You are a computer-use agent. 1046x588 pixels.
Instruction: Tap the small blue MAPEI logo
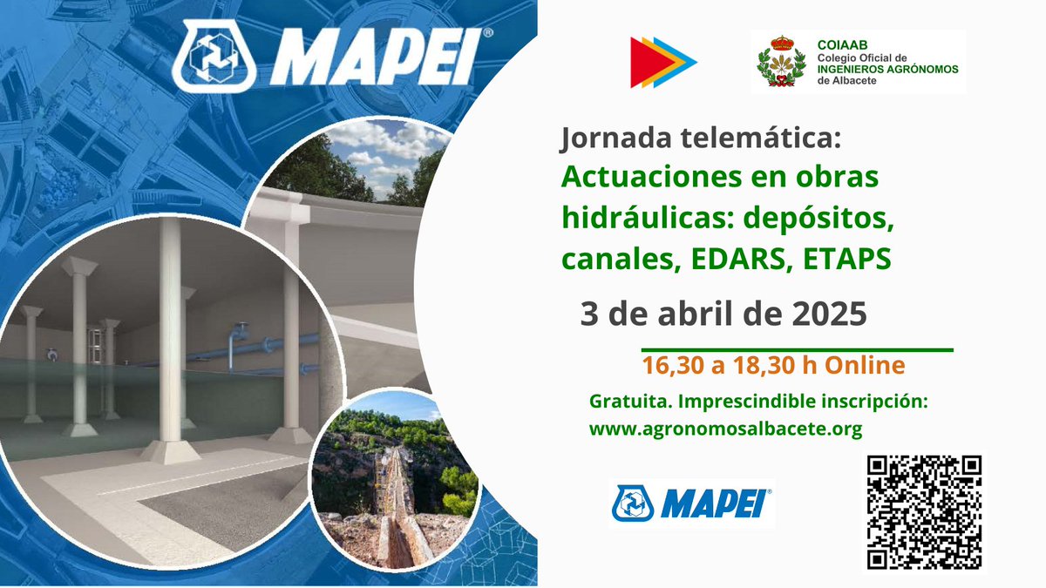pos(691,503)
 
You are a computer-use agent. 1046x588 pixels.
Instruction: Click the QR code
pos(925,511)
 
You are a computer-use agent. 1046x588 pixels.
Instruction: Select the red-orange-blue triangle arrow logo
pos(662,62)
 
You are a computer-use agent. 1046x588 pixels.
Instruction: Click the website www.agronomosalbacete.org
pos(725,429)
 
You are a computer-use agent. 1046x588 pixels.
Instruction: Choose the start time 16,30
pos(674,366)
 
